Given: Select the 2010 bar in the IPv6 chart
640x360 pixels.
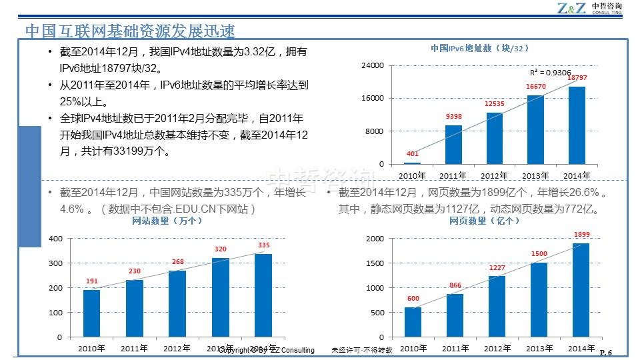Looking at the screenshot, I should coord(413,163).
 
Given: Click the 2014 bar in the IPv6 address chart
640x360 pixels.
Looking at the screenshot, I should coord(577,125).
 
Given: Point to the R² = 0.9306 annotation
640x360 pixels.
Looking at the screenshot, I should coord(550,72).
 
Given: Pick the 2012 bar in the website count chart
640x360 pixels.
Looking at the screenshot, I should coord(177,303).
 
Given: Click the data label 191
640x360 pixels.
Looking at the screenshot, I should coord(92,281).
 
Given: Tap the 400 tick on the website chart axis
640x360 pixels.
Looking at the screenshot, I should coord(56,239).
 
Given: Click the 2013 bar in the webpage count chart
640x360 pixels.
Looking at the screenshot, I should coord(539,300).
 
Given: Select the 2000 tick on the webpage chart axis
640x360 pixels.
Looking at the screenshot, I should coord(375,239).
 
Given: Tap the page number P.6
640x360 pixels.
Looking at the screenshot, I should coord(606,353).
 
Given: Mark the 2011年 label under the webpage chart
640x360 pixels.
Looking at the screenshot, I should coord(455,348).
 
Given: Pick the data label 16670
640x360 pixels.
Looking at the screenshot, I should coord(536,87).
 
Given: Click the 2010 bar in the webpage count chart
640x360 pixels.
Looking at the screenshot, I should coord(413,322).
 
